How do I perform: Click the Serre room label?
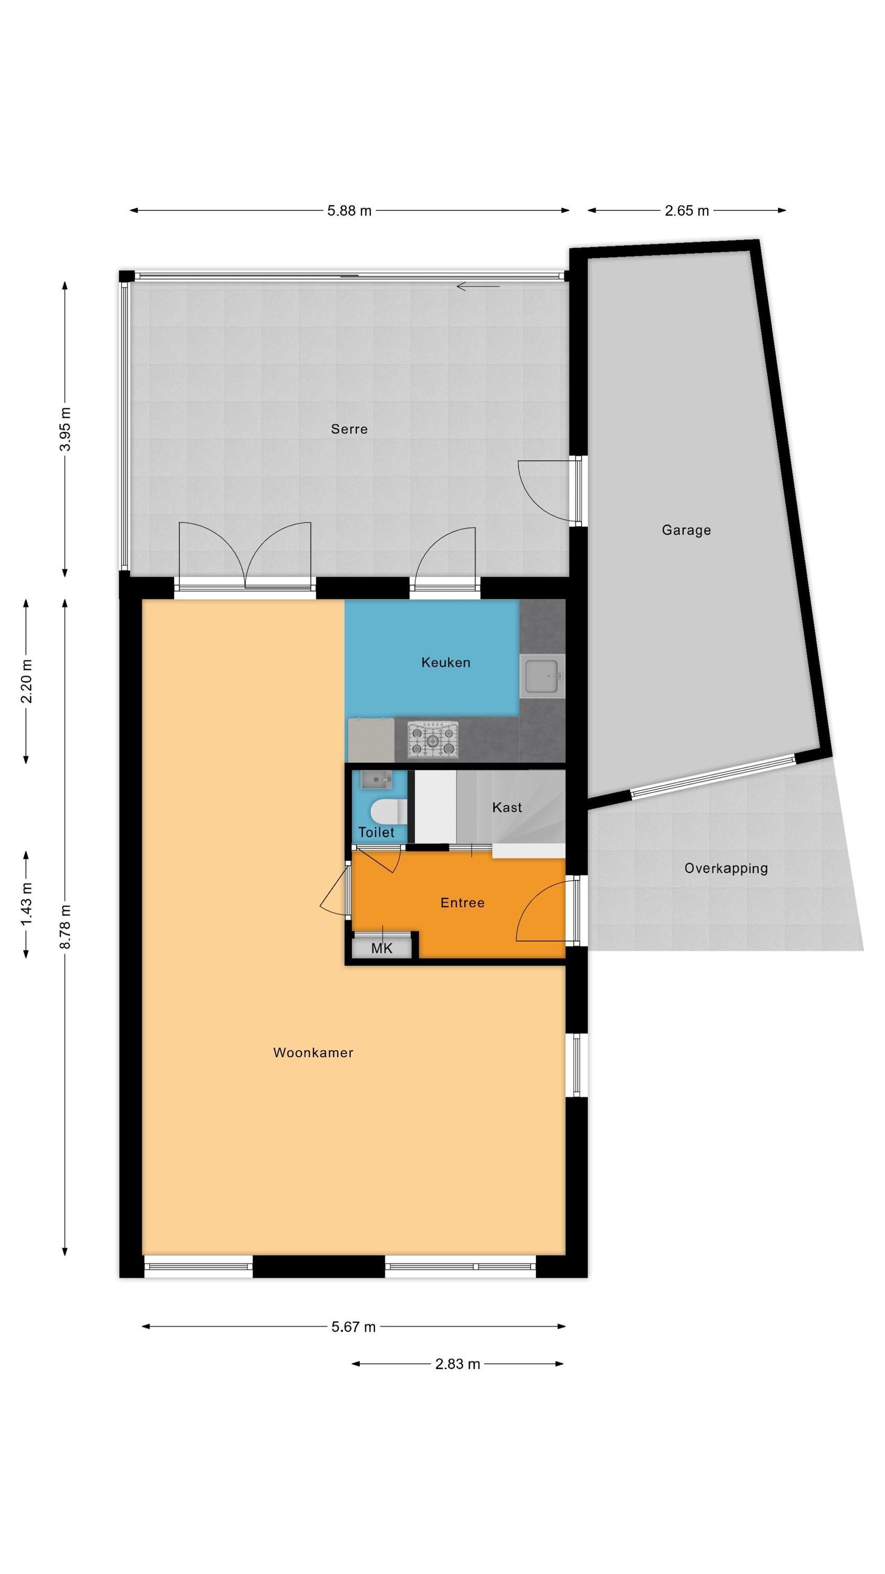point(349,429)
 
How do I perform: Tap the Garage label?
point(686,530)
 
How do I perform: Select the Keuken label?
point(445,662)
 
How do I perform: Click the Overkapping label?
point(726,868)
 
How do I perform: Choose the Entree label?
point(462,902)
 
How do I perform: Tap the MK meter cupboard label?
point(382,948)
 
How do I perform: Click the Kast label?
point(507,807)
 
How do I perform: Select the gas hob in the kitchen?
point(433,740)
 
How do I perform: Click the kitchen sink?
point(542,676)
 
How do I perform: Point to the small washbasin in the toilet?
point(375,780)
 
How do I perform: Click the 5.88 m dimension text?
point(349,211)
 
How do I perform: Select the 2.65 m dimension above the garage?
point(686,211)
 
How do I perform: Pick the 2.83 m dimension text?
point(458,1364)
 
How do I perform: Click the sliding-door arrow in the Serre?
point(478,286)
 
